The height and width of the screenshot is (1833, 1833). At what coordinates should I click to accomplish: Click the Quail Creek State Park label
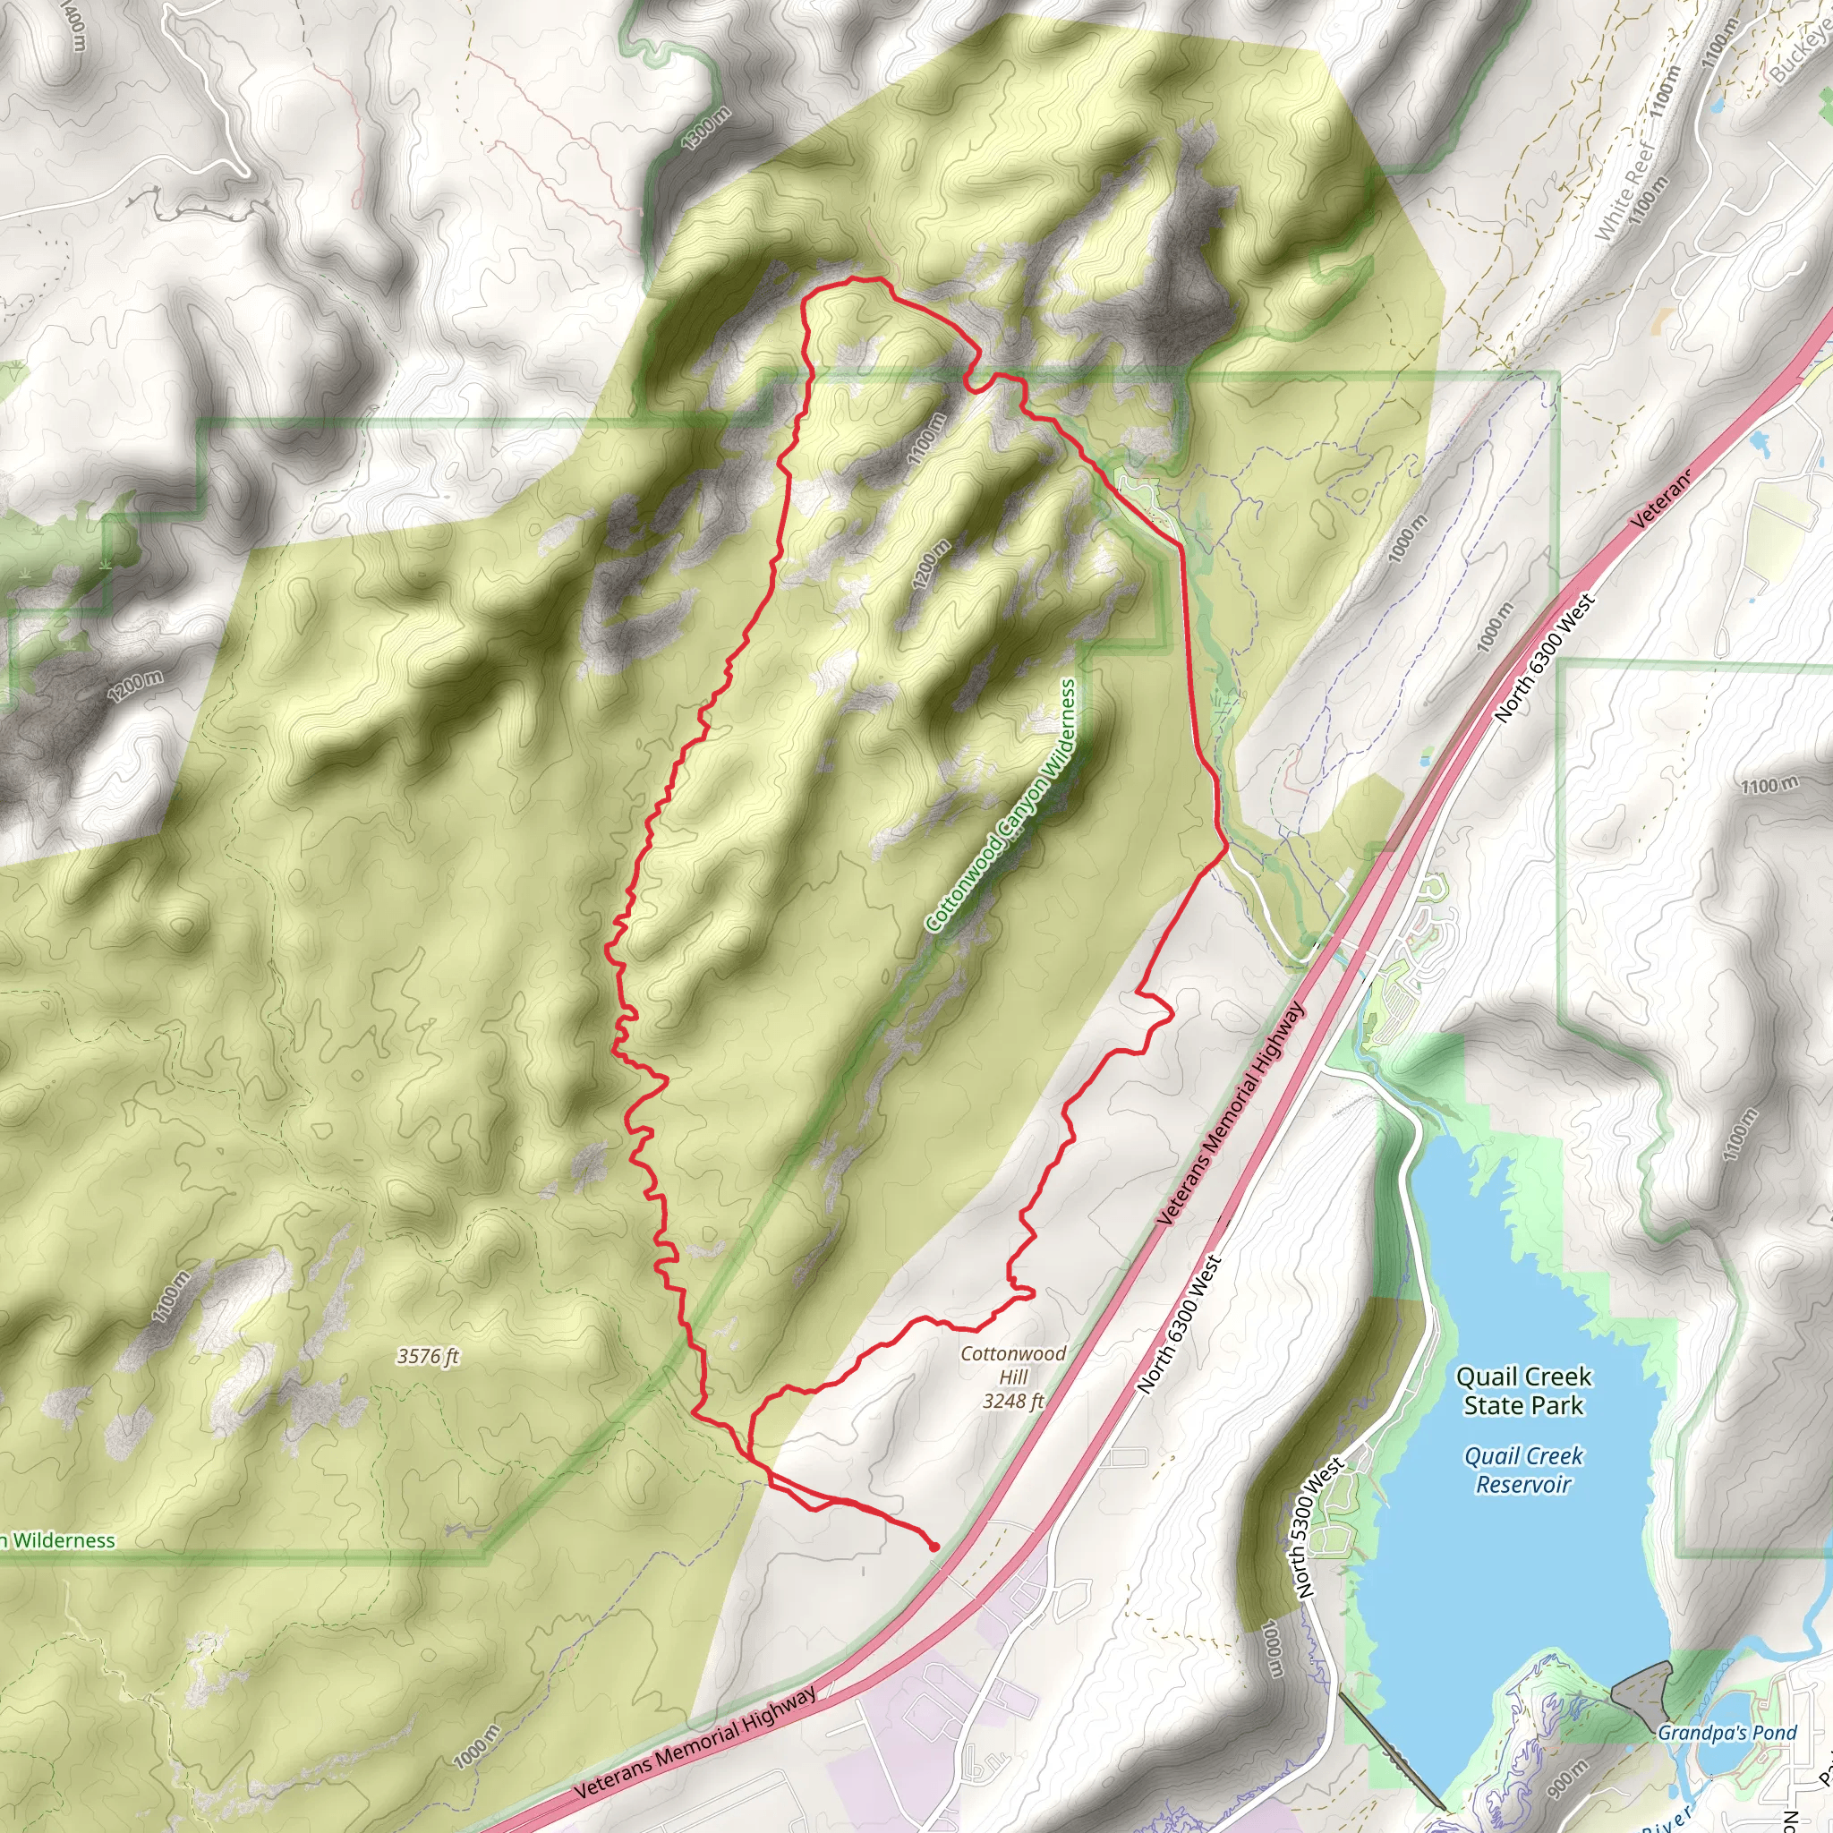(x=1522, y=1390)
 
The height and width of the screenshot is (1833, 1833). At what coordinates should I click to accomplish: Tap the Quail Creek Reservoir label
(x=1522, y=1470)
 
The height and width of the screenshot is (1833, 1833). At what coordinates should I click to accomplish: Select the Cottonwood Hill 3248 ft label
(x=1013, y=1377)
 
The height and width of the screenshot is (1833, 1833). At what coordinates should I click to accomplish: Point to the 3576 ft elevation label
(x=428, y=1357)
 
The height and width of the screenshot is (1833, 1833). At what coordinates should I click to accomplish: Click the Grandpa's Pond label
(x=1726, y=1734)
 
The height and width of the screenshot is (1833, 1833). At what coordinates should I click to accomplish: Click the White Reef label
(x=1624, y=192)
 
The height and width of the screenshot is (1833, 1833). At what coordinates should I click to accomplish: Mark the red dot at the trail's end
(x=934, y=1547)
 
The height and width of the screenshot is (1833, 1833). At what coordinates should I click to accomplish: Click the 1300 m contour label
(x=707, y=129)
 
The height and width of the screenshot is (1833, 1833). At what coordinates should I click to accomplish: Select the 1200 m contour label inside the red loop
(x=932, y=566)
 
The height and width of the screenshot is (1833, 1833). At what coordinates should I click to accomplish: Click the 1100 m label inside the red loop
(x=927, y=439)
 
